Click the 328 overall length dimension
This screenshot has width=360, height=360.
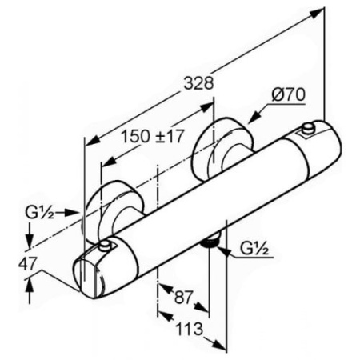199,83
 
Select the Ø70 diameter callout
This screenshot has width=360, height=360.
289,94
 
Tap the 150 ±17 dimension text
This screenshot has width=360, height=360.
153,136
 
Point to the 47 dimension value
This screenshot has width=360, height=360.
27,264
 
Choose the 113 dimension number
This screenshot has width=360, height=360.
189,329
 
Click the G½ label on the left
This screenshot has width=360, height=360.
39,213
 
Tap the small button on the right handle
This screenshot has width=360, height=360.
308,129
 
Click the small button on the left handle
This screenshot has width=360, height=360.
105,246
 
